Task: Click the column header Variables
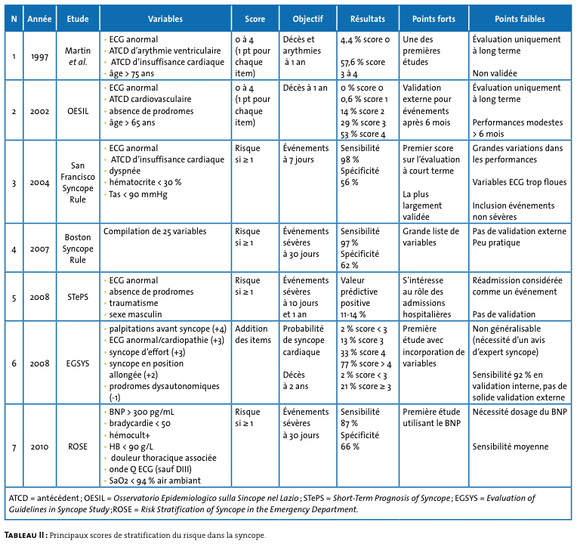pyautogui.click(x=165, y=19)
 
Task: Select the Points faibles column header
pyautogui.click(x=520, y=19)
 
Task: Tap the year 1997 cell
pyautogui.click(x=39, y=57)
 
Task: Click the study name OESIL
pyautogui.click(x=78, y=111)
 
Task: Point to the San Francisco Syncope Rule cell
pyautogui.click(x=78, y=182)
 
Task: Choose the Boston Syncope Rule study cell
pyautogui.click(x=78, y=249)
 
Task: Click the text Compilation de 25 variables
pyautogui.click(x=155, y=231)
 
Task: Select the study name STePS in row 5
pyautogui.click(x=78, y=297)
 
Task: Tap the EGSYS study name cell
pyautogui.click(x=78, y=363)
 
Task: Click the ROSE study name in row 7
pyautogui.click(x=78, y=446)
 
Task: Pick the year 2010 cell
pyautogui.click(x=39, y=446)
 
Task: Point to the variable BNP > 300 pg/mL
pyautogui.click(x=142, y=412)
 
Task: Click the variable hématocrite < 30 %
pyautogui.click(x=145, y=182)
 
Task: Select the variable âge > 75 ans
pyautogui.click(x=131, y=73)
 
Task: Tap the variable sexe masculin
pyautogui.click(x=135, y=314)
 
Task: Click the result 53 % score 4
pyautogui.click(x=363, y=134)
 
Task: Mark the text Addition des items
pyautogui.click(x=253, y=334)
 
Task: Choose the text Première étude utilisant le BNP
pyautogui.click(x=431, y=418)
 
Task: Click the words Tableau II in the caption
pyautogui.click(x=26, y=535)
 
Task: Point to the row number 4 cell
pyautogui.click(x=14, y=249)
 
